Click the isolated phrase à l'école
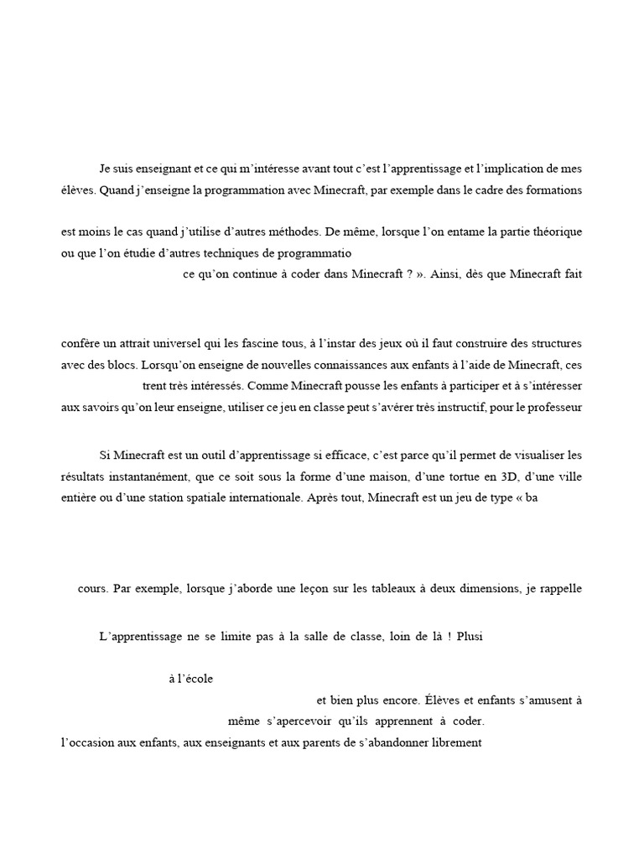click(191, 679)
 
